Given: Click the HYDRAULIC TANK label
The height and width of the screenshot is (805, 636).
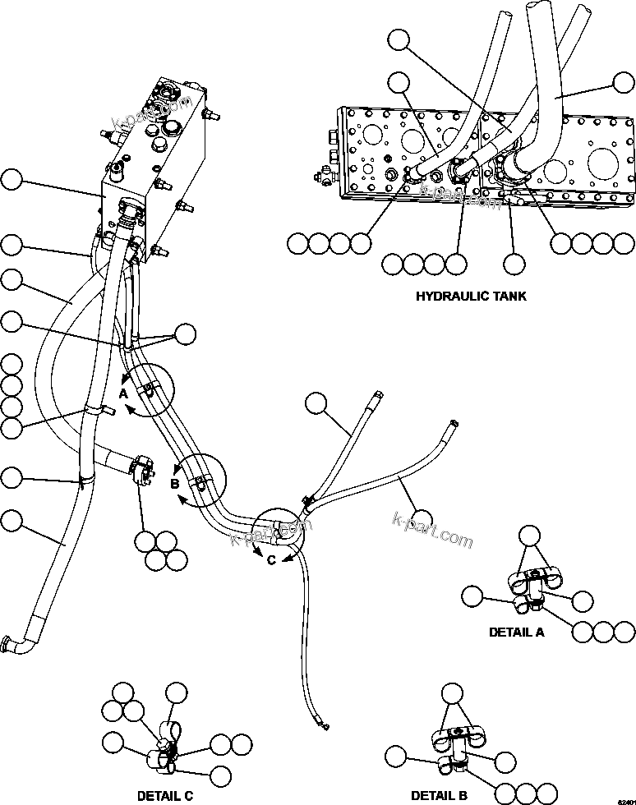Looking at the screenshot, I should click(471, 296).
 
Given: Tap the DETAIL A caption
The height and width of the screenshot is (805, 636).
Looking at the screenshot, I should click(516, 632).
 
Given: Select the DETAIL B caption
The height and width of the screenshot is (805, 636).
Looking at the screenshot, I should click(439, 795).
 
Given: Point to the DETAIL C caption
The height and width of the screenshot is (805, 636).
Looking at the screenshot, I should click(165, 795).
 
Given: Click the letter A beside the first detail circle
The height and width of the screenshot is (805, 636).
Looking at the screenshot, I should click(122, 393).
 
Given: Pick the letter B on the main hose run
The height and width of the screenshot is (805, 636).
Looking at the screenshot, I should click(174, 484).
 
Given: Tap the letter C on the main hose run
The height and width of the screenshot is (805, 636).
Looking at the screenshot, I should click(270, 559).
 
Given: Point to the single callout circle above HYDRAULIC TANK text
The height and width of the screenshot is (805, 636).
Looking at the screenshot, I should click(514, 264).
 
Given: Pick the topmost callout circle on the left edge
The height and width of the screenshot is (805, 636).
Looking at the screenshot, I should click(12, 180).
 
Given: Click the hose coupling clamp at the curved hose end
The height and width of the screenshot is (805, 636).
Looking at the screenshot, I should click(142, 472).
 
